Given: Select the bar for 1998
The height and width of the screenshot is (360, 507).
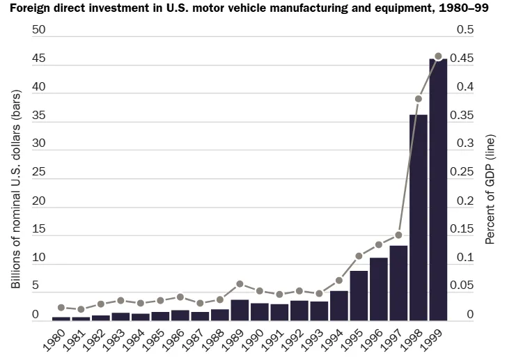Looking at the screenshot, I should click(x=418, y=217).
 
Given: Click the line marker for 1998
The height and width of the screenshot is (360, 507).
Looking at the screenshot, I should click(x=419, y=99).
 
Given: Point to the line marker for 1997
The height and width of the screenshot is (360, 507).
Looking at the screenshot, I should click(x=398, y=235).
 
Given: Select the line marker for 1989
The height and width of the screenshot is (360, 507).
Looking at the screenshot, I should click(x=240, y=284).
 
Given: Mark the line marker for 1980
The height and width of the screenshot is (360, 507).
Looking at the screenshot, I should click(x=61, y=307).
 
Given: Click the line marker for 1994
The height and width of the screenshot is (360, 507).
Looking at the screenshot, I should click(x=339, y=281).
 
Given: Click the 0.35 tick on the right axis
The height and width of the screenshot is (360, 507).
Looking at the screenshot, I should click(x=465, y=116).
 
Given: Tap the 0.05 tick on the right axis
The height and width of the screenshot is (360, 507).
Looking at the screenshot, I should click(x=465, y=286).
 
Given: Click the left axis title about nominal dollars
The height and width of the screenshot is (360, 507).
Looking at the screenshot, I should click(x=16, y=188).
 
